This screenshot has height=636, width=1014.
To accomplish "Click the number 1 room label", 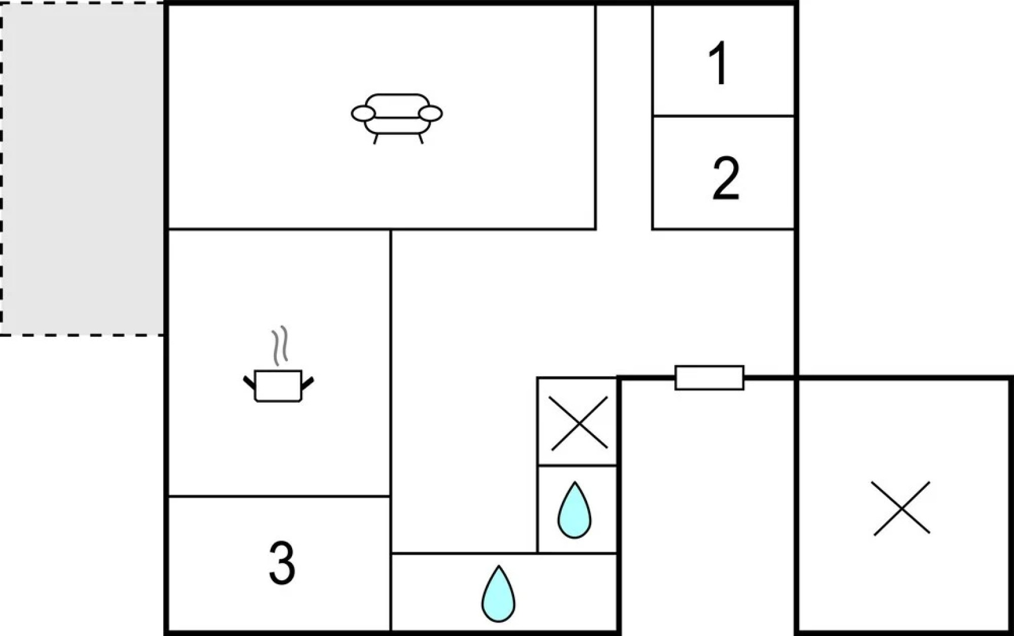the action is coord(718,64).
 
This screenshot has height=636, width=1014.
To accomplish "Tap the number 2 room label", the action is coord(725,178).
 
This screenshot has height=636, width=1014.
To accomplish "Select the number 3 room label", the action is coord(281,563).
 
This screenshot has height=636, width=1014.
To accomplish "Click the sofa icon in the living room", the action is coord(397,118).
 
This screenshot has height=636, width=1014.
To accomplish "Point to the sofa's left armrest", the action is coord(363,114).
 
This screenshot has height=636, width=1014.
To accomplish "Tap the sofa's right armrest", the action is coord(430,114).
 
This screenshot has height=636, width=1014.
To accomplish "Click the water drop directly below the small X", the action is coord(574,511).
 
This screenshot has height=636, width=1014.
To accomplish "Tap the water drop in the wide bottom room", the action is coord(498,594).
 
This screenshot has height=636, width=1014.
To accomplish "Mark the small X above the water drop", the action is coord(578,422).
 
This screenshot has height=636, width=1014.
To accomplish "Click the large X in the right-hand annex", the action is coord(902,508).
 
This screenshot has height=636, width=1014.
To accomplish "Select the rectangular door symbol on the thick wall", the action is coord(709,377).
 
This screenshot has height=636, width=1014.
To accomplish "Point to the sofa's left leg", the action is coord(376,138).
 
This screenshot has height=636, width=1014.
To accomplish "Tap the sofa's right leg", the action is coord(420,138).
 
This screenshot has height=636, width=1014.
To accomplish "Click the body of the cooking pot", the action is coord(279,386).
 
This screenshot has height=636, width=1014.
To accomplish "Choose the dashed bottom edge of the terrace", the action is coord(82,335).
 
